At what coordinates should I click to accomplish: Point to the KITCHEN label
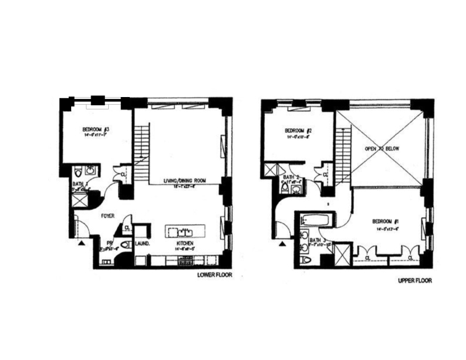point(185,244)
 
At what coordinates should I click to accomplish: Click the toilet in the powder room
point(125,245)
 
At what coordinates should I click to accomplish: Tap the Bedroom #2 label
point(298,131)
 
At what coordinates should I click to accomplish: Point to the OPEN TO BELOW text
point(383,149)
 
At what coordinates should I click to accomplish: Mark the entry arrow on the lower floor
point(82,241)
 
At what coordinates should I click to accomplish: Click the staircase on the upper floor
point(343,156)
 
